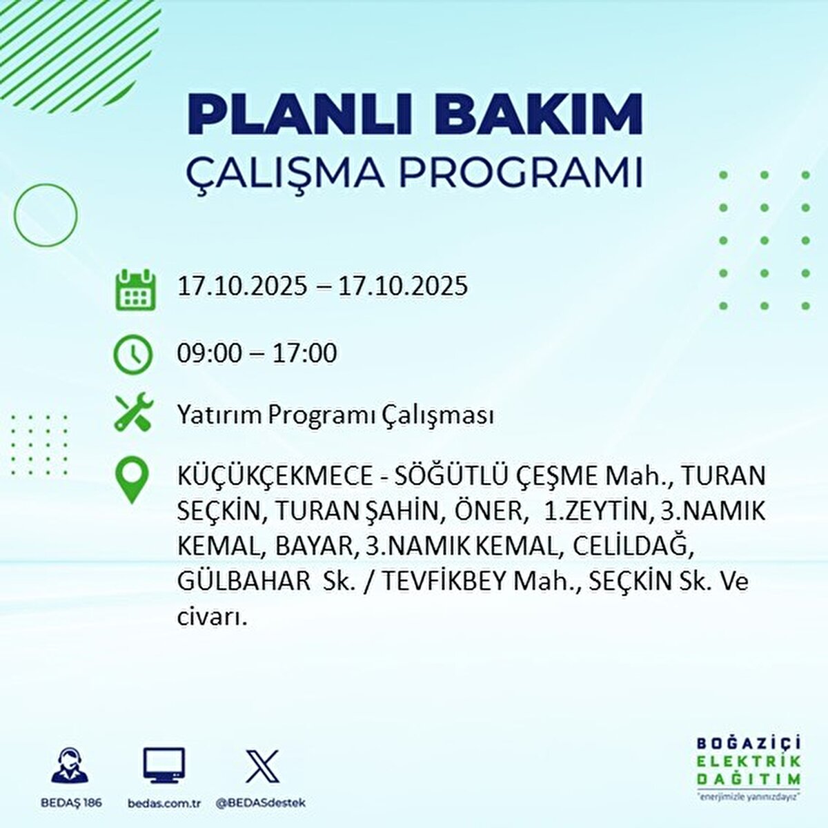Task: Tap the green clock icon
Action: (x=132, y=355)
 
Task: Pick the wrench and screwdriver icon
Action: (x=132, y=412)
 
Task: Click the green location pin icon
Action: (x=131, y=481)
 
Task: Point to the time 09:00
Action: (x=209, y=354)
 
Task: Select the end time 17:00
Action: (x=304, y=354)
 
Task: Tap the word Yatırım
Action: (x=219, y=415)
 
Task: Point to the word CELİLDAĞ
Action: (x=631, y=546)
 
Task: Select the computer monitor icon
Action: (x=164, y=765)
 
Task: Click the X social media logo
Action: (x=262, y=765)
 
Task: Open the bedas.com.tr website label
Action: (x=164, y=803)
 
